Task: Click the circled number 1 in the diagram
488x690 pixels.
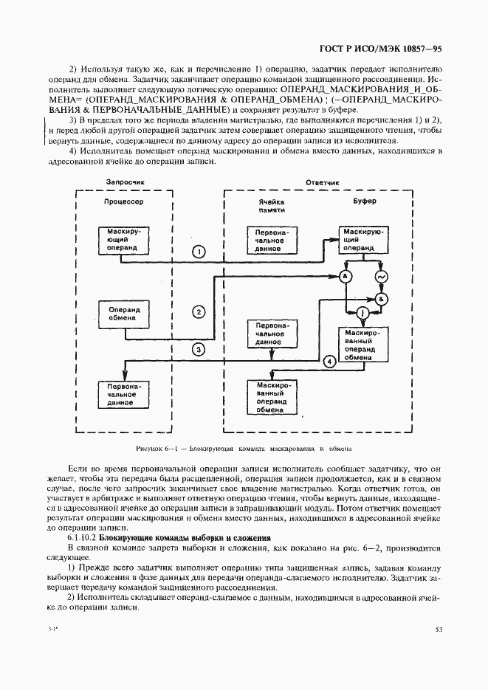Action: tap(199, 252)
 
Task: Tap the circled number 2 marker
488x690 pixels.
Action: tap(199, 311)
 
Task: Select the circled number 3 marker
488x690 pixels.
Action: tap(199, 349)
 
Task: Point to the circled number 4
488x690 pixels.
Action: tap(330, 361)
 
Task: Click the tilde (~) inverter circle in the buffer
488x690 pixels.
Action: tap(382, 277)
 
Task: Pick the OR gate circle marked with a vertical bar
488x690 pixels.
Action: tap(363, 314)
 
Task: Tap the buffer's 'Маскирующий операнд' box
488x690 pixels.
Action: tap(362, 240)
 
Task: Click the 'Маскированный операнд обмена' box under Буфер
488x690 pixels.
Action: tap(362, 345)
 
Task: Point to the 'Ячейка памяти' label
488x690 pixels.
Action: tap(272, 206)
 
